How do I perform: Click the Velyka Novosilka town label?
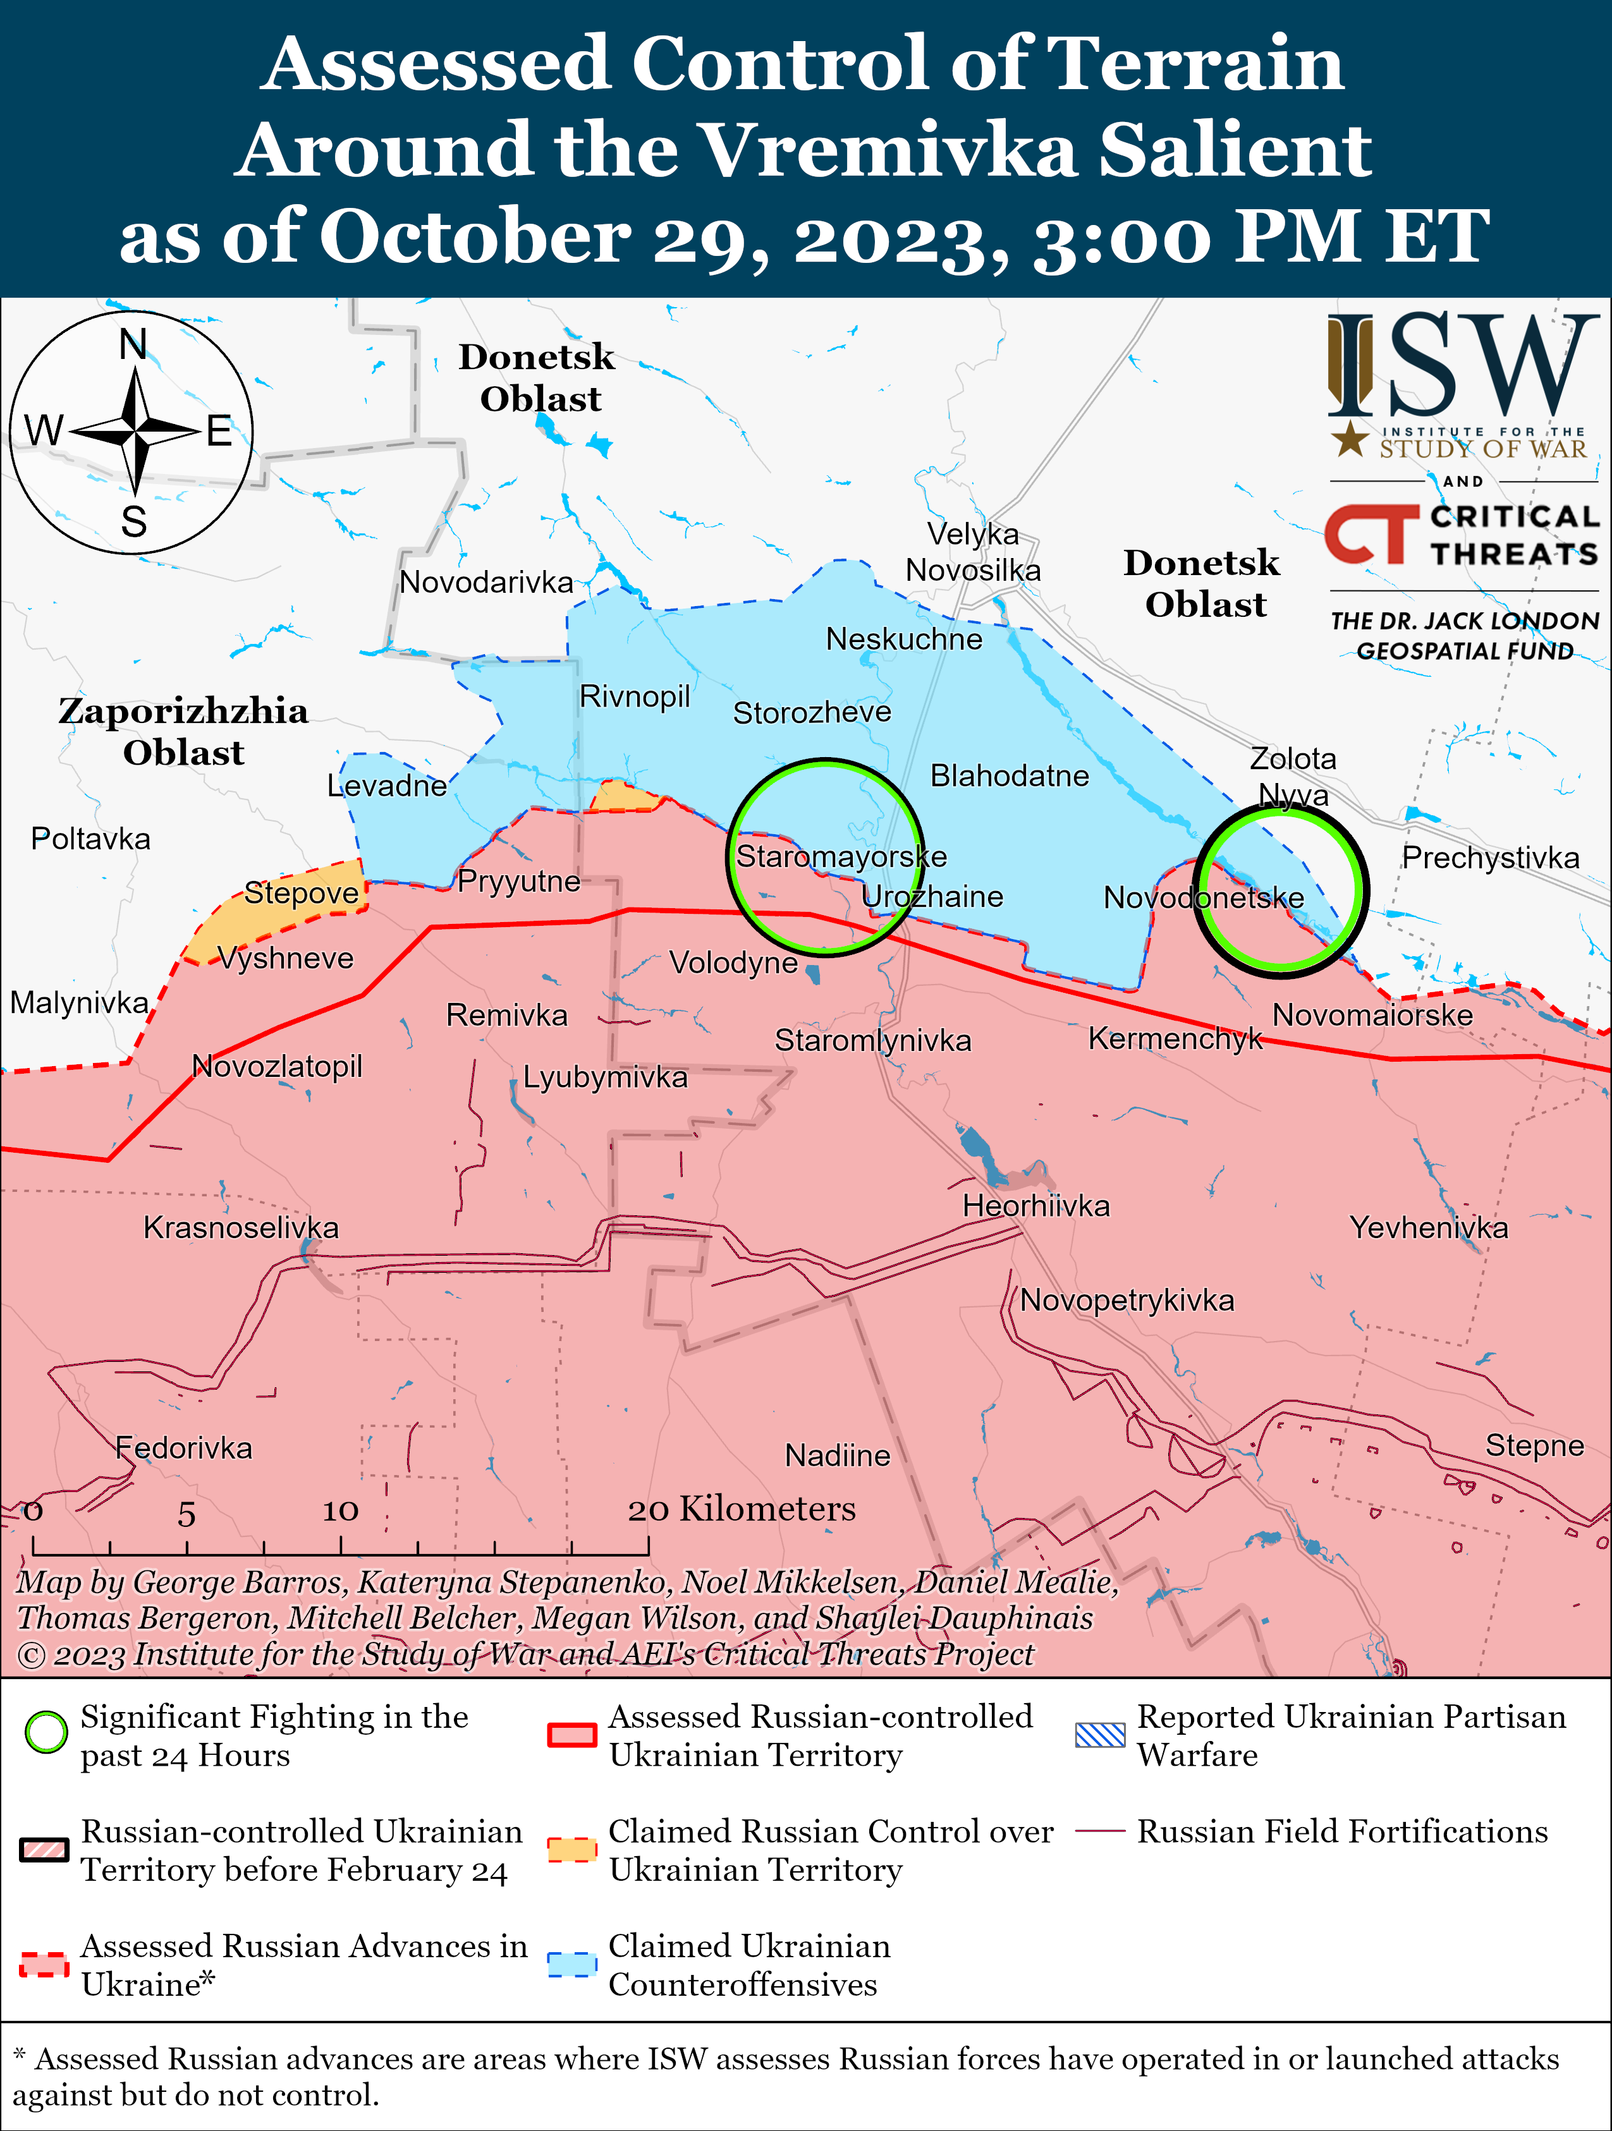tap(972, 552)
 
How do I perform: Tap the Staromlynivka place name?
tap(873, 1040)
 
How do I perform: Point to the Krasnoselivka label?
tap(241, 1227)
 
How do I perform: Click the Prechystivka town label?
tap(1489, 858)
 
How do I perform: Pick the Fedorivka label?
tap(183, 1448)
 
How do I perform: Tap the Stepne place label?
tap(1534, 1445)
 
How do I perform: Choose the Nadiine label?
tap(838, 1455)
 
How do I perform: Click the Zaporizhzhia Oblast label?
tap(183, 731)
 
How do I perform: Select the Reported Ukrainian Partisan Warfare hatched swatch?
tap(1099, 1734)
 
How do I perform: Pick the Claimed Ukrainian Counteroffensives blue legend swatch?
tap(571, 1964)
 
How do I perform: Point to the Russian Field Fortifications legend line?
tap(1099, 1830)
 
